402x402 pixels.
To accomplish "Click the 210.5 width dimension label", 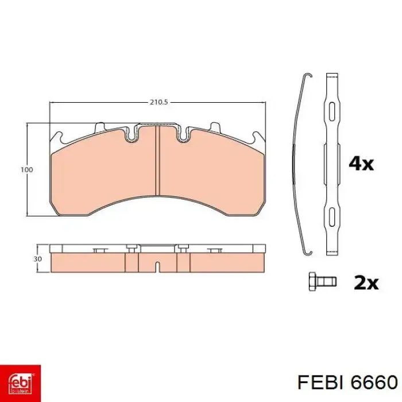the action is (159, 102).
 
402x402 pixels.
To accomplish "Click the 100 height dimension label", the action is (26, 170).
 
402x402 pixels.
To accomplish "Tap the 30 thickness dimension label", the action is (37, 259).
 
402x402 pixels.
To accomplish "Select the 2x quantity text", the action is (366, 283).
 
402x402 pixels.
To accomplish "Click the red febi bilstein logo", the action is (20, 383).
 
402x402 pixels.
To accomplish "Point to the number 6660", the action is (374, 383).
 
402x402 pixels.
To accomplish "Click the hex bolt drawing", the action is (323, 281).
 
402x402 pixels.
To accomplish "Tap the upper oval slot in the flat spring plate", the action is (332, 112).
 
